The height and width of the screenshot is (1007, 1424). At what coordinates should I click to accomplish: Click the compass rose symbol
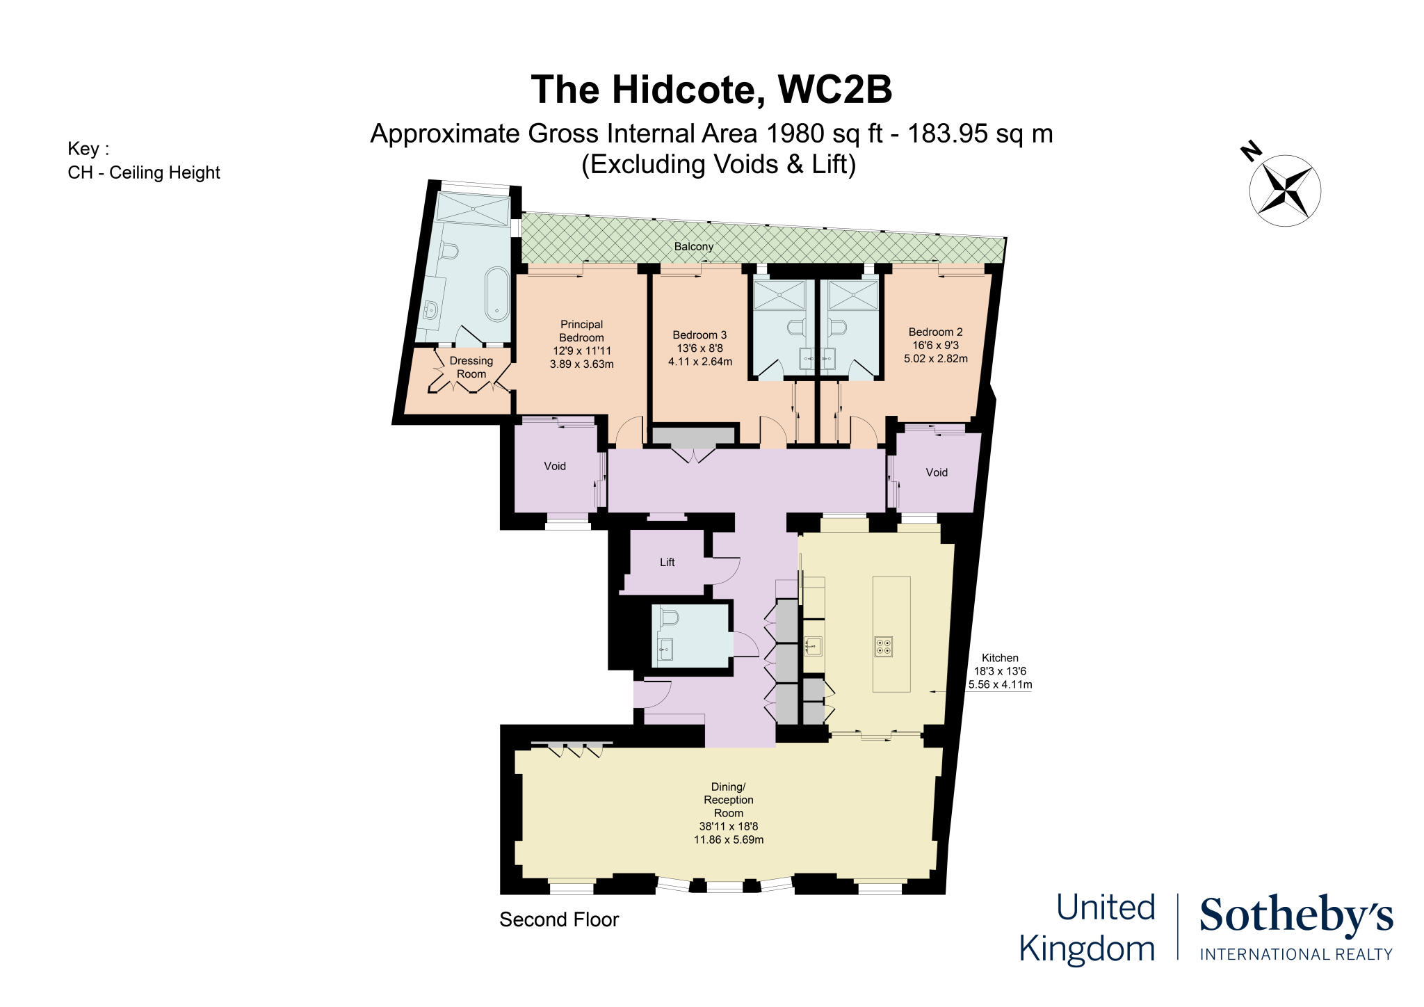pos(1284,189)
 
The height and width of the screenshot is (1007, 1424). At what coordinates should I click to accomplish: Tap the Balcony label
pos(693,246)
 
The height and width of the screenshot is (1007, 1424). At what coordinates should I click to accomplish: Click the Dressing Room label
pos(471,367)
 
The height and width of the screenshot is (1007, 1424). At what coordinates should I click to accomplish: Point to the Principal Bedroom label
pos(581,331)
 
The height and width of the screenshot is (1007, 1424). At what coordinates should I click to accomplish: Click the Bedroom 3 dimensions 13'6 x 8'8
pos(699,348)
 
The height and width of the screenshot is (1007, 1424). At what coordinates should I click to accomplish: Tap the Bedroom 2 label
pos(935,332)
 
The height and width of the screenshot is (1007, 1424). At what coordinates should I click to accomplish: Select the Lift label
pos(667,562)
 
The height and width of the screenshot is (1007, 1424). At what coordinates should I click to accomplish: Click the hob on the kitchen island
pos(883,647)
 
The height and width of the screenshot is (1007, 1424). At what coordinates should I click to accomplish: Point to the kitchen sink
pos(812,646)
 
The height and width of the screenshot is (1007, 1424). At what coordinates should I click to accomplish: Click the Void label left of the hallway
pos(554,466)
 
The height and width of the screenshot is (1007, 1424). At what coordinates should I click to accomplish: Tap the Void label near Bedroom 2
pos(936,472)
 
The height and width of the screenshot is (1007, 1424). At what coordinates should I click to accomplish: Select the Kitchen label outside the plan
pos(999,657)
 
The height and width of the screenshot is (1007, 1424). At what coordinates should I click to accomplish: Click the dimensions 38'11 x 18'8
pos(728,826)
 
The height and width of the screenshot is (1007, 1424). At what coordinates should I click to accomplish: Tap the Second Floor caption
pos(558,919)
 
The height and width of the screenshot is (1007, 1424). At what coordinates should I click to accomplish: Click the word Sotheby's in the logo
pos(1295,917)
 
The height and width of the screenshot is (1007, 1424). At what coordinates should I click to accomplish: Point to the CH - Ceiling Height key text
pos(143,172)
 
